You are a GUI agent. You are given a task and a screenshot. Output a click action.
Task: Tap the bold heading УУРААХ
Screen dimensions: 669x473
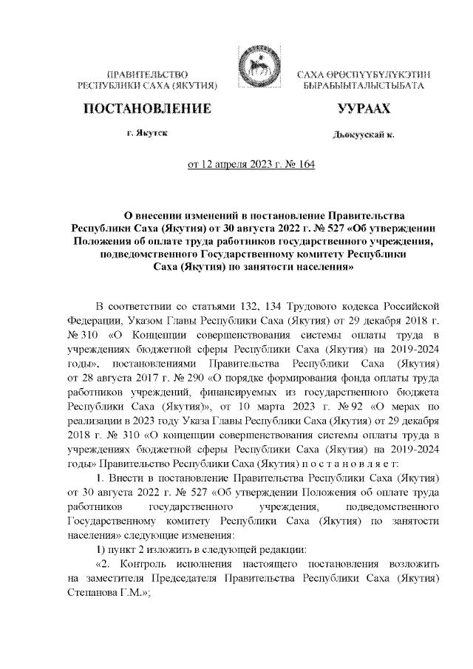point(363,109)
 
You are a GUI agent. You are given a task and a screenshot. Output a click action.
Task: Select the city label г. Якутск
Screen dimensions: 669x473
point(146,134)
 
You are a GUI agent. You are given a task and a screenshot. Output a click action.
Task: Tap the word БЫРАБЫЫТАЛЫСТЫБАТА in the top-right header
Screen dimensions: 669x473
point(362,87)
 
